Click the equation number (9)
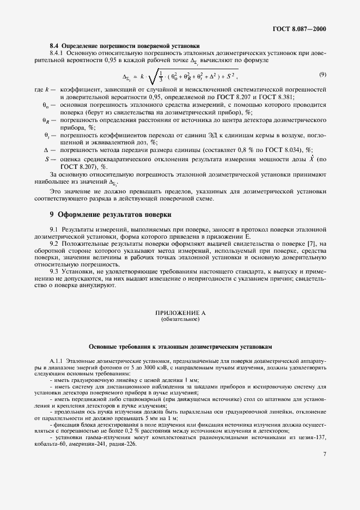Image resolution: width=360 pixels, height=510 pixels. [x=322, y=74]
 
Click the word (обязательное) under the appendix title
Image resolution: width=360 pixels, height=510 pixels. [x=180, y=320]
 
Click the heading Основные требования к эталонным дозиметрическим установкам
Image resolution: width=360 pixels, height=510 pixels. [x=180, y=347]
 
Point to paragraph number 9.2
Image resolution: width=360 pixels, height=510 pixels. [x=54, y=244]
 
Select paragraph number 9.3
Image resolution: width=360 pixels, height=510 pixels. [x=54, y=271]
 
